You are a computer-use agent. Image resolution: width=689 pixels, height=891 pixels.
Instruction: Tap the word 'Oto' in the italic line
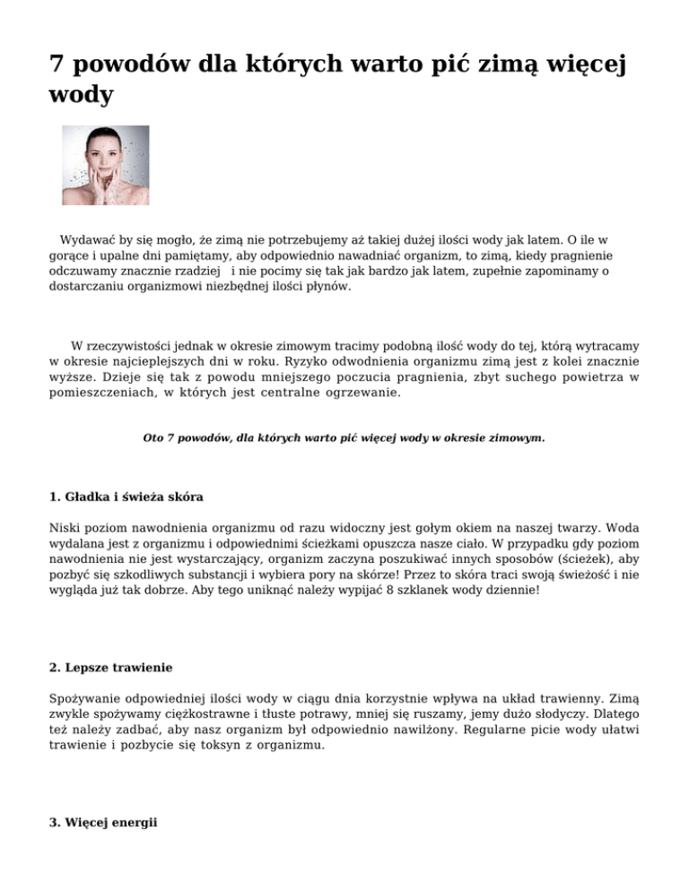pos(154,439)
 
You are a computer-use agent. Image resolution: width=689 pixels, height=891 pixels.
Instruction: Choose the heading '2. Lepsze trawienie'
pos(109,667)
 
